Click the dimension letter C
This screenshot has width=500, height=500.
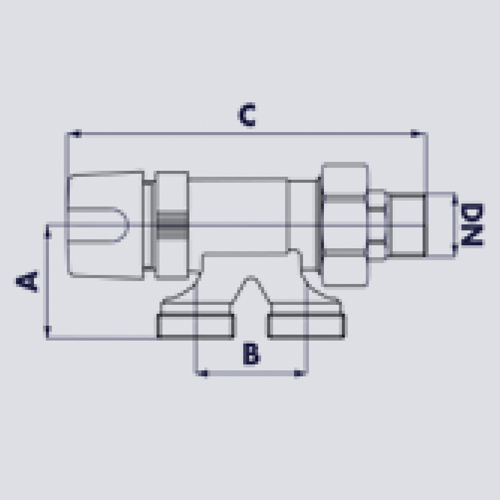(x=246, y=115)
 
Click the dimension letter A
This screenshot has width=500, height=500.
(x=27, y=281)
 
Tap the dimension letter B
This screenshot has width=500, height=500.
(x=251, y=355)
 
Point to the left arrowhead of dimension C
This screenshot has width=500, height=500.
(x=74, y=134)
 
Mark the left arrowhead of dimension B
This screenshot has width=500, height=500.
(x=202, y=372)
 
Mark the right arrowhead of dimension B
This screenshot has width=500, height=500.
(x=300, y=372)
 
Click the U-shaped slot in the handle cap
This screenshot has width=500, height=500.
(x=111, y=225)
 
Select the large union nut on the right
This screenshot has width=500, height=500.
(x=345, y=224)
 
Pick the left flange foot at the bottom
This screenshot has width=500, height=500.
(x=195, y=326)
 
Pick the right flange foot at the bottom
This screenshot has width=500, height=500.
(x=306, y=326)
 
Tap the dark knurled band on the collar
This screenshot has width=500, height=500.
(x=172, y=225)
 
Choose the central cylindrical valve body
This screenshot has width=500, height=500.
(x=238, y=215)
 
